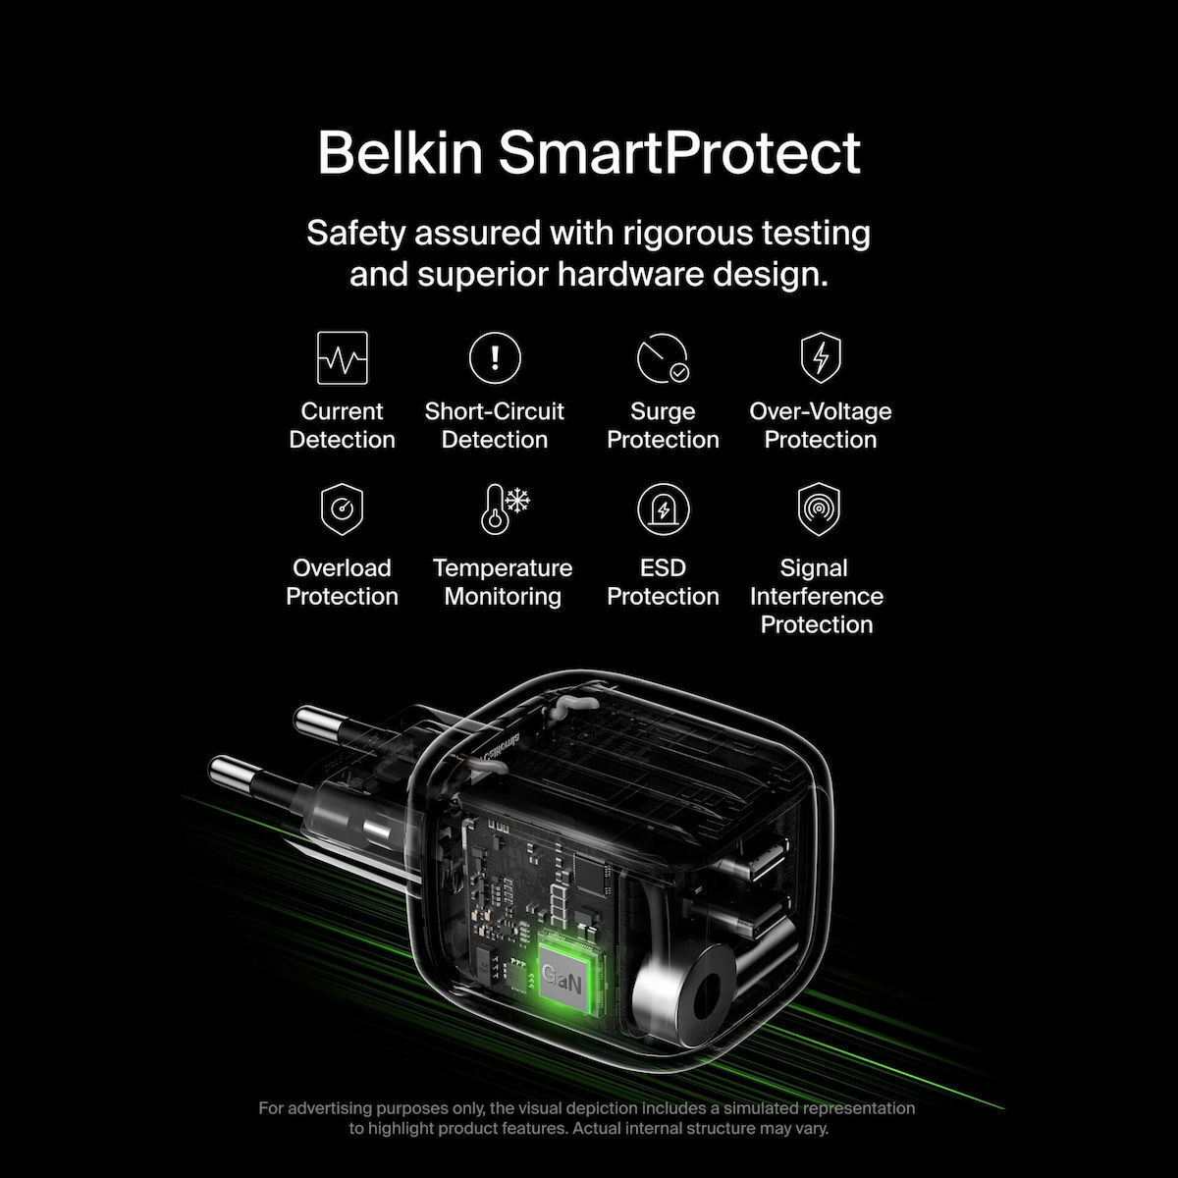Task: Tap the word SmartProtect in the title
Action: tap(679, 153)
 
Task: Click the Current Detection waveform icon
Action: tap(343, 357)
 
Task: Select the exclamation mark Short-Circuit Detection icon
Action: tap(495, 357)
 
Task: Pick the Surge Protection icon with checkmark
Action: tap(663, 358)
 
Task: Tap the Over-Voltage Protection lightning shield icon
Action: tap(821, 357)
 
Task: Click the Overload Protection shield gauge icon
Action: tap(342, 509)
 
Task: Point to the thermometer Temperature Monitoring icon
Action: tap(504, 509)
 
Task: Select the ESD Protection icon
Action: tap(664, 509)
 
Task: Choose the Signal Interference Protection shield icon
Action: tap(819, 509)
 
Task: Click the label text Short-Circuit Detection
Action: tap(495, 425)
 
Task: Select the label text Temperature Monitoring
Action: tap(503, 582)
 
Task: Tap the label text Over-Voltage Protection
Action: tap(821, 425)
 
